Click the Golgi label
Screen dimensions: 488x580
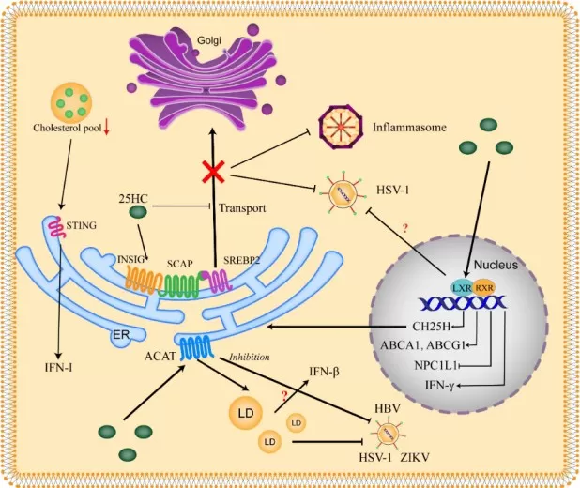point(208,42)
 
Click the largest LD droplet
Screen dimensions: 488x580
point(246,413)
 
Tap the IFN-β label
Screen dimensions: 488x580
point(321,372)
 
